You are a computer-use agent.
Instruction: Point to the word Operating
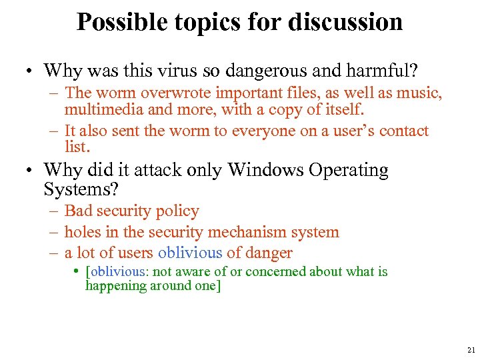[351, 170]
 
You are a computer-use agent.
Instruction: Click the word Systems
[80, 190]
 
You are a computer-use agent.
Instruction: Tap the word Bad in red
[79, 211]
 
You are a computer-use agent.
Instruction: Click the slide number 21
[471, 350]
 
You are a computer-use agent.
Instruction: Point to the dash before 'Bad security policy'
[55, 211]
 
